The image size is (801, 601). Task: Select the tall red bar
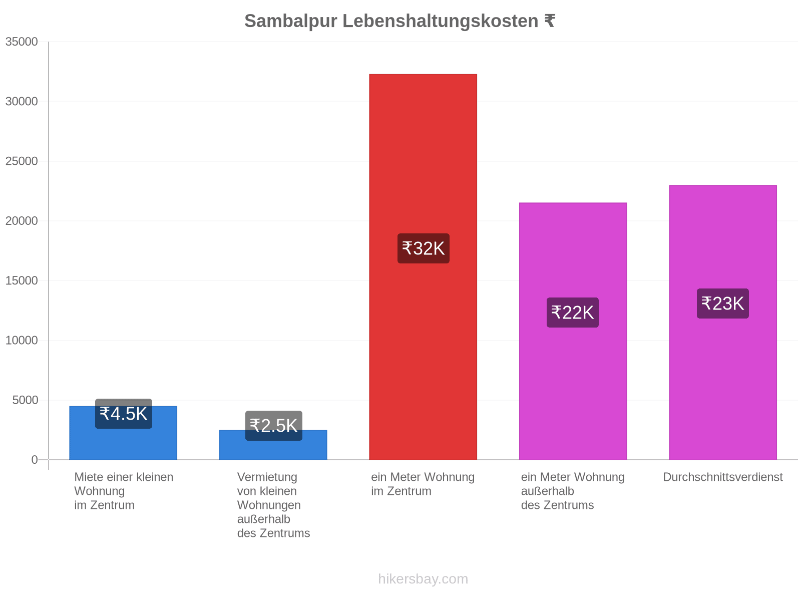[x=423, y=267]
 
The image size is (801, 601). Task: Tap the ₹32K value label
[x=424, y=248]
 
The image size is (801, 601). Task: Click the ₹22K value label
[x=573, y=313]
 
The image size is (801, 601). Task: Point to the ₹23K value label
[x=722, y=304]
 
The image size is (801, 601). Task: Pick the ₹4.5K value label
[x=123, y=414]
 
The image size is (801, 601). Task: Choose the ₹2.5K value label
[x=274, y=426]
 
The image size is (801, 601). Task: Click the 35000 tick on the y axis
[x=22, y=42]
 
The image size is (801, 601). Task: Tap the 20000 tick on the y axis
[x=22, y=221]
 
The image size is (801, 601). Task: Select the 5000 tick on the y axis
[x=25, y=400]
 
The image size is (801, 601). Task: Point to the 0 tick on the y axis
[x=35, y=460]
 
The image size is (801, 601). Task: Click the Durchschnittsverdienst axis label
[x=722, y=477]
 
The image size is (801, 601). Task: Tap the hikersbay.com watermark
[x=423, y=579]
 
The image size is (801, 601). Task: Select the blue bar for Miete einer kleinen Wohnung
[x=123, y=433]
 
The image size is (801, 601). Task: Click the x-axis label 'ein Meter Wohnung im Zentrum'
[x=423, y=484]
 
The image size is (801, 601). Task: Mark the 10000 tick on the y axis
[x=22, y=340]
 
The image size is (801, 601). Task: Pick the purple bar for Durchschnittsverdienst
[x=722, y=323]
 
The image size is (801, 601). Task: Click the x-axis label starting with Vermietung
[x=274, y=505]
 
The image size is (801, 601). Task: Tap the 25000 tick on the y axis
[x=22, y=161]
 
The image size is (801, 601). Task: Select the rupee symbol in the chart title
[x=550, y=21]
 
